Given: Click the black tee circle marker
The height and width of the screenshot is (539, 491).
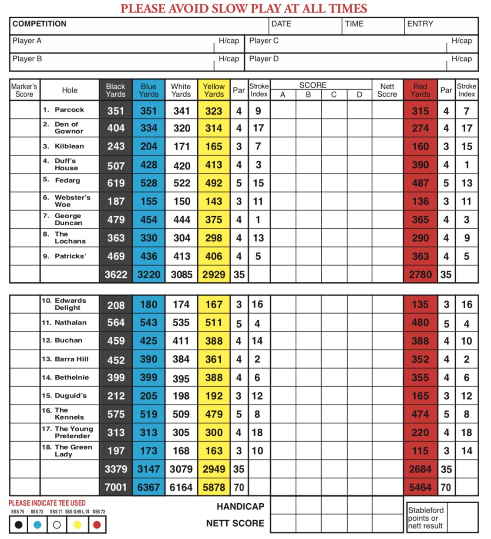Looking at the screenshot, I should coord(18,525).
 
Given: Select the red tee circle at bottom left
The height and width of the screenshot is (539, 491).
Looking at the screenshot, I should coord(97,525).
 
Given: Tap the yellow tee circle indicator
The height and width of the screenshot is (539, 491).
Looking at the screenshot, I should coord(77,525).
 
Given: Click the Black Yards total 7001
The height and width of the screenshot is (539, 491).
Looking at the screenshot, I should coord(116,487).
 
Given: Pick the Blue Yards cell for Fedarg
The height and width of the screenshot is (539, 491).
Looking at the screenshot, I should coord(148,183).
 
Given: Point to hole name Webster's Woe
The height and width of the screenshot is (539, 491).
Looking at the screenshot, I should coord(72,201).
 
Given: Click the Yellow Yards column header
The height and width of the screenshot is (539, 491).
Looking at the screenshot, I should coord(214,90).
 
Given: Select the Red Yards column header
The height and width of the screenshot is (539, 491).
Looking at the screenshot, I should coord(420,90).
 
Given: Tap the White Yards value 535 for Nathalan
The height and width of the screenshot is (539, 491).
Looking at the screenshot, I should coord(181,323).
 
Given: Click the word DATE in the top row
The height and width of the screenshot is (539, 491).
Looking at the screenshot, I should coord(281,24).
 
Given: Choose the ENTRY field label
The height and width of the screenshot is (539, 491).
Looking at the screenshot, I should coord(420,24).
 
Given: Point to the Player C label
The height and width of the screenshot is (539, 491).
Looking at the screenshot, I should coord(264,41).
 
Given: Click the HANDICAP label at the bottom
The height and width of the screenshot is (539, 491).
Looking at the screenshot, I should coord(240,506).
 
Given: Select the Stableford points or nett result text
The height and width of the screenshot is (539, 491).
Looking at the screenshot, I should coord(425,518).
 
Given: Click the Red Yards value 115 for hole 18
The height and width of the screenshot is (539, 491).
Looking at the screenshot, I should coord(420,451).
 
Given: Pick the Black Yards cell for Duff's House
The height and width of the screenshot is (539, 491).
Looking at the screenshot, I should coord(116,166).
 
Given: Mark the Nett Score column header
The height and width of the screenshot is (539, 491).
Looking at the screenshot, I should coord(387,90).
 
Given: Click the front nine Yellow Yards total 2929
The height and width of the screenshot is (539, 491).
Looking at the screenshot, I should coord(214,275).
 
